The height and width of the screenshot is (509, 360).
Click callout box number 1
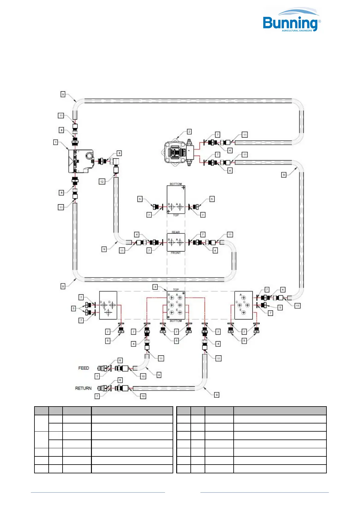point(56,142)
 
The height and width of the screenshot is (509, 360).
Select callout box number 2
point(189,131)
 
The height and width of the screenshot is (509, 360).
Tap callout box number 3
point(155,287)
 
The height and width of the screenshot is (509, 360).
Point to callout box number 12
point(102,181)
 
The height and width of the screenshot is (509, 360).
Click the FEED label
point(84,368)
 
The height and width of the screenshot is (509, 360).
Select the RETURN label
point(83,388)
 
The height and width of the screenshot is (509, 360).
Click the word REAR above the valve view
point(176,232)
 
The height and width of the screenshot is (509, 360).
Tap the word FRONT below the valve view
point(176,253)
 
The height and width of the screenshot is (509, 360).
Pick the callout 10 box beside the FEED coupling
point(143,376)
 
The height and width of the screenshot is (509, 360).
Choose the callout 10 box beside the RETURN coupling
point(143,396)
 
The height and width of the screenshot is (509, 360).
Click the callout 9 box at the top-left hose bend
point(63,94)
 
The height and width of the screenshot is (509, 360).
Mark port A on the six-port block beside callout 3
point(180,298)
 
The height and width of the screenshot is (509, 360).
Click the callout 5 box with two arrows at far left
point(73,308)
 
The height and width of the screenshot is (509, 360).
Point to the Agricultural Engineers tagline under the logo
point(297,31)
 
